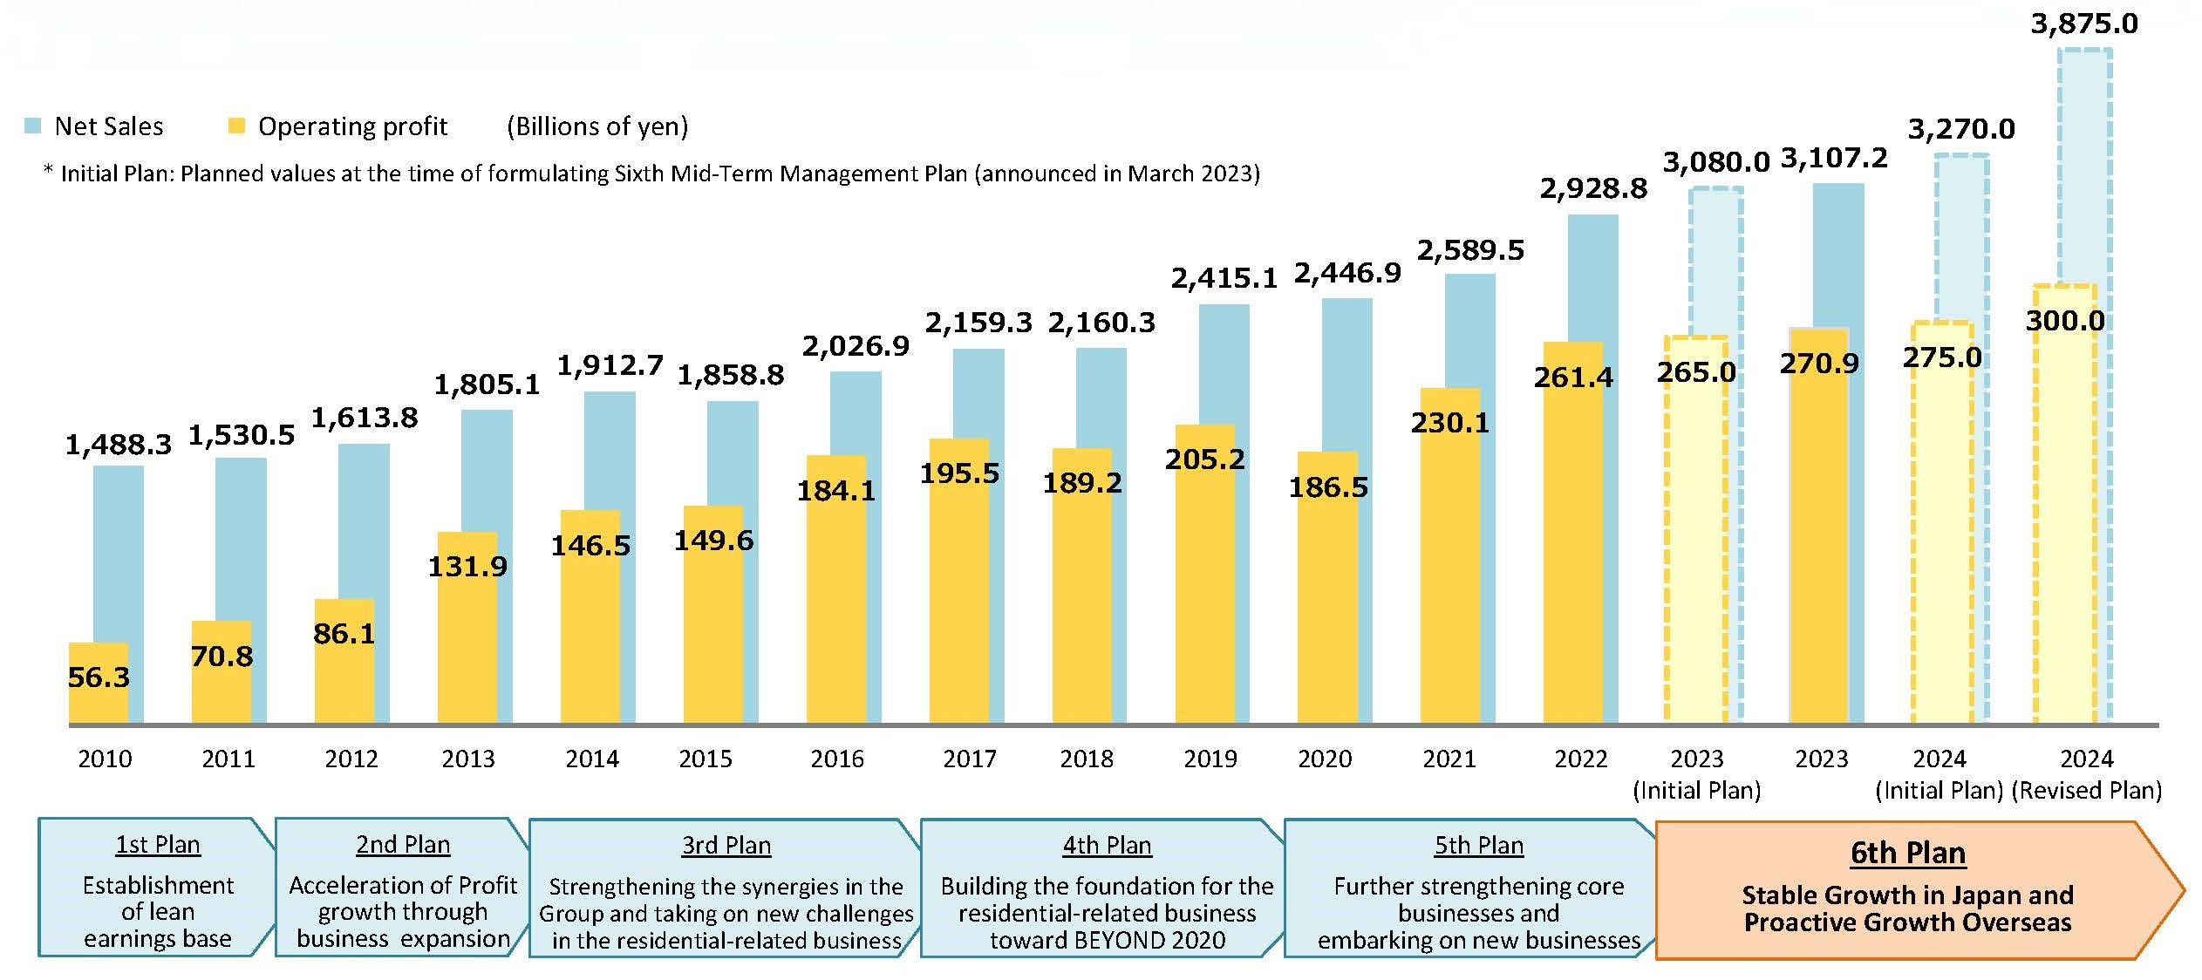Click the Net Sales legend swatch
33,126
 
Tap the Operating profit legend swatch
236,126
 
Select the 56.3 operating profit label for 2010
99,677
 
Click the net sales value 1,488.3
119,446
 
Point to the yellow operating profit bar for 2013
467,628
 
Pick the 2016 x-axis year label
837,759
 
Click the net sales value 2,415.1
1224,279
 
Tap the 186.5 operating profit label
1328,487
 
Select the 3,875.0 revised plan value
2084,24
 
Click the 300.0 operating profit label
2064,320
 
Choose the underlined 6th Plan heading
1908,853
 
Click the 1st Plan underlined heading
158,845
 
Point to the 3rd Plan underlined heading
726,846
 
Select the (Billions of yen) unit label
597,127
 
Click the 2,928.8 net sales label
1593,188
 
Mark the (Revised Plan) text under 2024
2087,791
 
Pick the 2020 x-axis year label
1325,759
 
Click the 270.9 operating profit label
1819,363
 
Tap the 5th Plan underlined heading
1479,846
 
